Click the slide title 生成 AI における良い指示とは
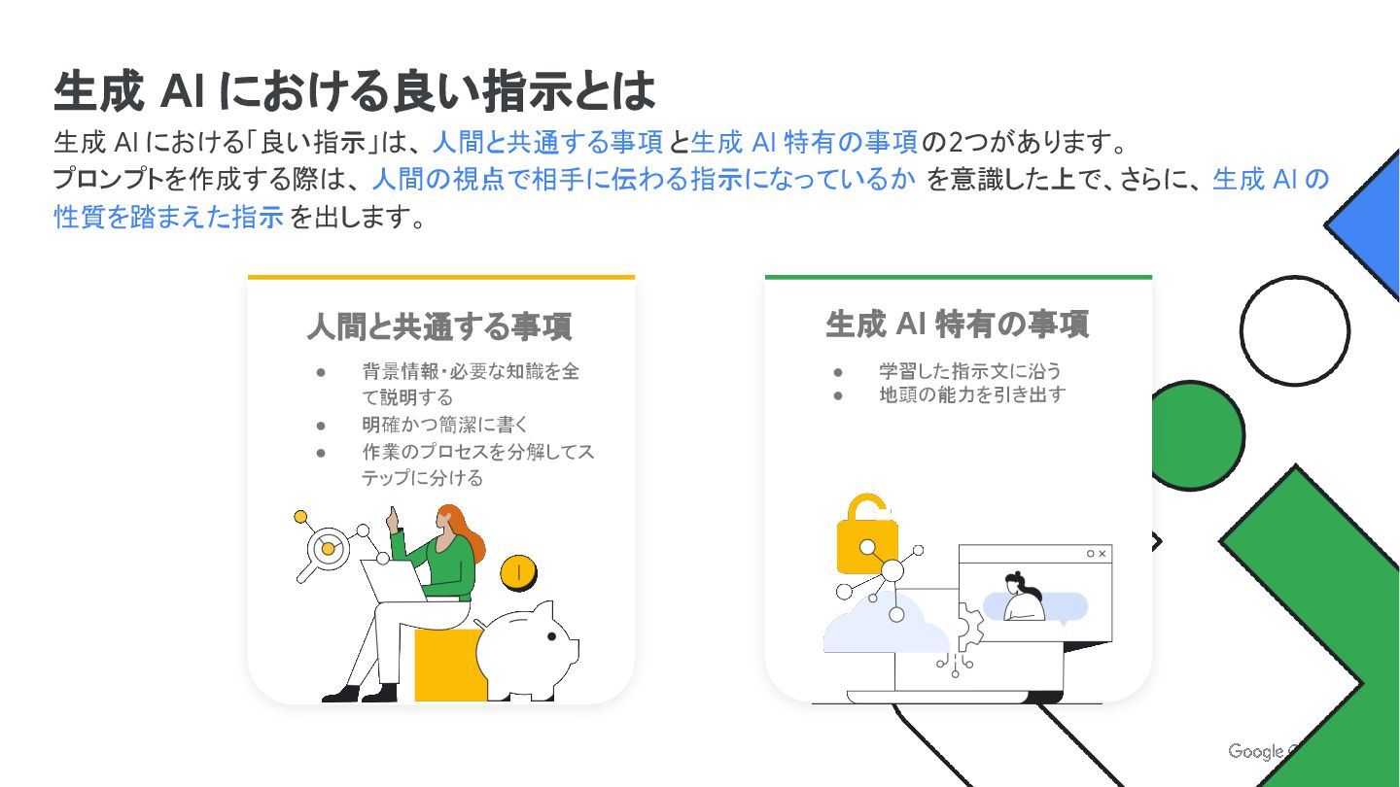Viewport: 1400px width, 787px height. (354, 91)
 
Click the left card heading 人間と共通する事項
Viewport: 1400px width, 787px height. (440, 326)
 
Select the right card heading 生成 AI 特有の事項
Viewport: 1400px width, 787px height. (958, 325)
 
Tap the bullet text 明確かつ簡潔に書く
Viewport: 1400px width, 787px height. (445, 425)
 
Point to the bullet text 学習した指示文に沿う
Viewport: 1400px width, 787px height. (970, 371)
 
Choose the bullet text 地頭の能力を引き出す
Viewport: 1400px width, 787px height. (972, 394)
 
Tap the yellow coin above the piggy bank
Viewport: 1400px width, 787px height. (518, 572)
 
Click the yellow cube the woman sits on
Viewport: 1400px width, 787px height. (450, 665)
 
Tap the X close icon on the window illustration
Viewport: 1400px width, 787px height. (1102, 554)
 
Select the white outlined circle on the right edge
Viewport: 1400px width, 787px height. (1294, 331)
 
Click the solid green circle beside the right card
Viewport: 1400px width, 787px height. (1198, 435)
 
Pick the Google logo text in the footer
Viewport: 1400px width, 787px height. (1256, 751)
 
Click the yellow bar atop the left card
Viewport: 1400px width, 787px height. (441, 277)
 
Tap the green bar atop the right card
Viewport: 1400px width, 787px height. (959, 277)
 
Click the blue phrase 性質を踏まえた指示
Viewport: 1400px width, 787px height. (169, 217)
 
